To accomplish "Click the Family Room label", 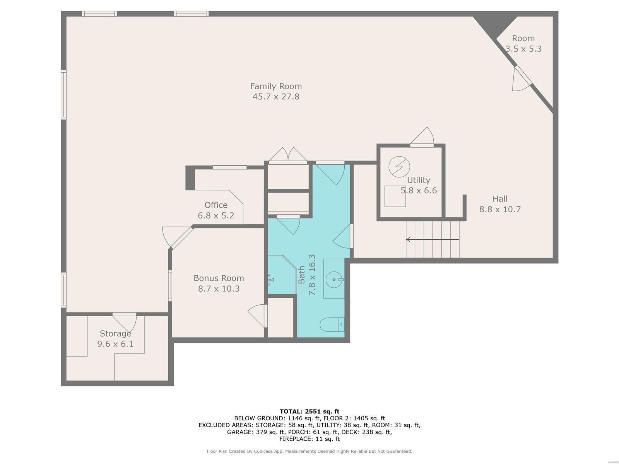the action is pyautogui.click(x=276, y=86).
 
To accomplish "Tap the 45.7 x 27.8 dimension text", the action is pyautogui.click(x=276, y=97).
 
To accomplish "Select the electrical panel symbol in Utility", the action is pyautogui.click(x=399, y=167).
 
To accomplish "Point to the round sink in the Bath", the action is pyautogui.click(x=334, y=280).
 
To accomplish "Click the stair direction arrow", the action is pyautogui.click(x=433, y=239).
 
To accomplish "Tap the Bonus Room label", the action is pyautogui.click(x=219, y=278).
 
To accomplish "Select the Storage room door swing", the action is pyautogui.click(x=125, y=323).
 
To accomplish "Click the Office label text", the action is pyautogui.click(x=216, y=205).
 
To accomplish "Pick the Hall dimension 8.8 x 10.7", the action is pyautogui.click(x=500, y=209).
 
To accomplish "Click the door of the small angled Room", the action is pyautogui.click(x=522, y=78).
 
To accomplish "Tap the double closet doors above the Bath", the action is pyautogui.click(x=288, y=155).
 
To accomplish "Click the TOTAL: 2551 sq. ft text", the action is pyautogui.click(x=309, y=411).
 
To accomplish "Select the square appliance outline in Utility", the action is pyautogui.click(x=395, y=196).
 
